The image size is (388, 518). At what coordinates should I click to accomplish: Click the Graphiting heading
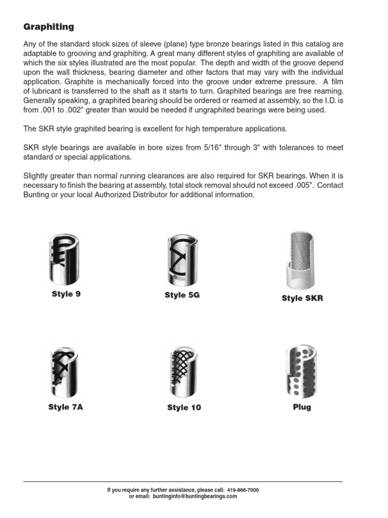[x=48, y=27]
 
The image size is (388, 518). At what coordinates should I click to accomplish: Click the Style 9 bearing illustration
[x=66, y=259]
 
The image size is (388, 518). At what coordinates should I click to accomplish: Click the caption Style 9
[x=66, y=294]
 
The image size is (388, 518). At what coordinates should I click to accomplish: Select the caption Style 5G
[x=182, y=295]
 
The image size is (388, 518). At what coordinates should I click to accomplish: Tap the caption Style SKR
[x=302, y=298]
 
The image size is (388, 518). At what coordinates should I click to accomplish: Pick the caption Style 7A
[x=66, y=407]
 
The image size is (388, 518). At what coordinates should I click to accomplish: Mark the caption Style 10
[x=184, y=408]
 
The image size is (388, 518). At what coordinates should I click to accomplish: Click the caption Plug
[x=302, y=407]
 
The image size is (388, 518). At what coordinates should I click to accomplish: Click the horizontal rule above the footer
[x=183, y=482]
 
